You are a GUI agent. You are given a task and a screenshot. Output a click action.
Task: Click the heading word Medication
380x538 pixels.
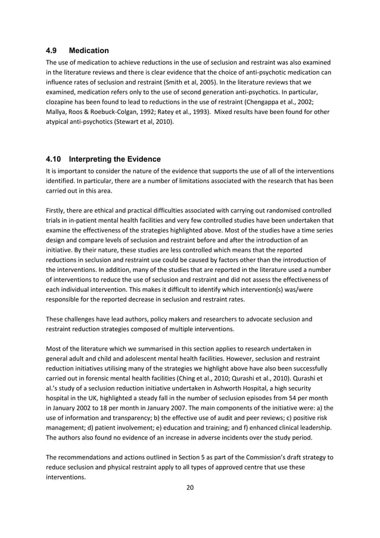click(x=89, y=51)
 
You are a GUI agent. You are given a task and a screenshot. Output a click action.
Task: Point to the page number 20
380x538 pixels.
click(x=190, y=487)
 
